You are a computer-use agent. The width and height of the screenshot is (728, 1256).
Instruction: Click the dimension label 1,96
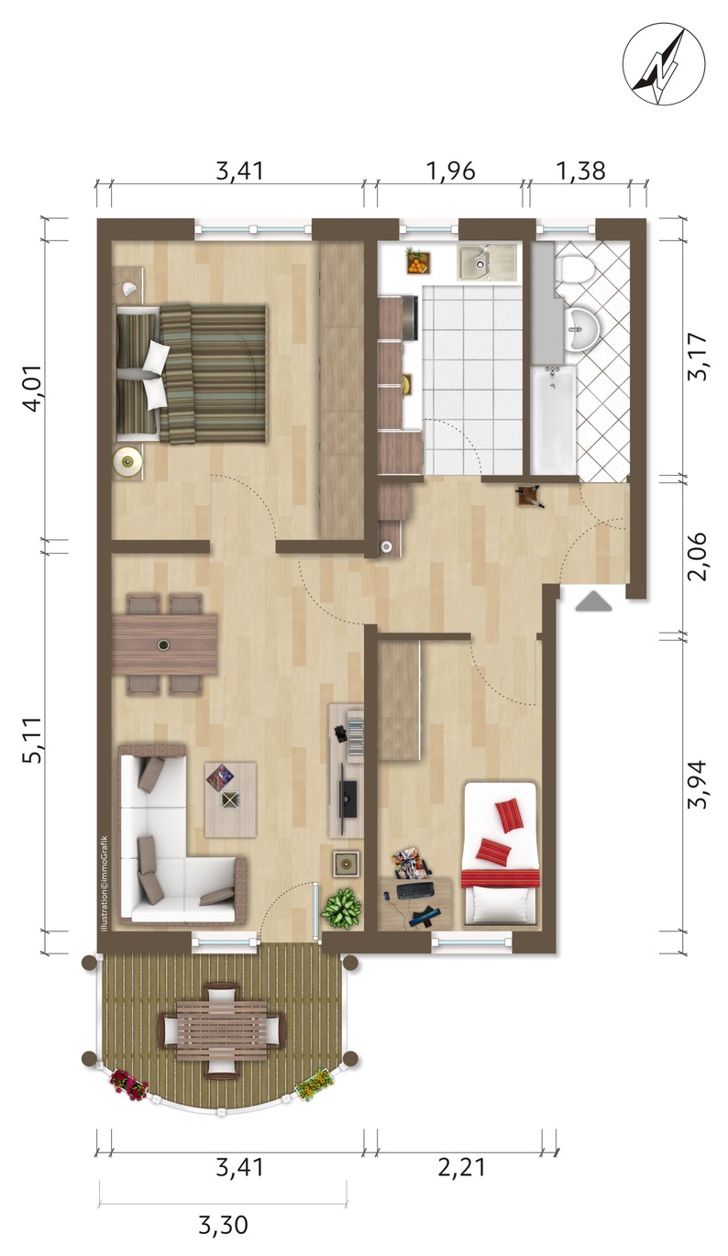(450, 171)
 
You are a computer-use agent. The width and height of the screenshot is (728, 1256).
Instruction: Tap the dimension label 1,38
(581, 171)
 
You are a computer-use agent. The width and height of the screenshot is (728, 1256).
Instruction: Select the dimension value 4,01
(33, 388)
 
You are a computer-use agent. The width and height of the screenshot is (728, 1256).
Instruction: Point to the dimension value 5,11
(33, 739)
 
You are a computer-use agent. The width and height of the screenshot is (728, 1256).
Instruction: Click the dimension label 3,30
(223, 1225)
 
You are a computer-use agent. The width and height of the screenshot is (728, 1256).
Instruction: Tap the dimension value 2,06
(699, 556)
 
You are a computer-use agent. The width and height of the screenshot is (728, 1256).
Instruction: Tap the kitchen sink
(485, 262)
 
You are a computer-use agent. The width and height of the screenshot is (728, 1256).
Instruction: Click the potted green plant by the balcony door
(340, 909)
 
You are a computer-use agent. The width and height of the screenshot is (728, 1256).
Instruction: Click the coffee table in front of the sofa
(230, 799)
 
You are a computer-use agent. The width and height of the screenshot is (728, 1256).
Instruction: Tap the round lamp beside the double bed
(127, 461)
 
